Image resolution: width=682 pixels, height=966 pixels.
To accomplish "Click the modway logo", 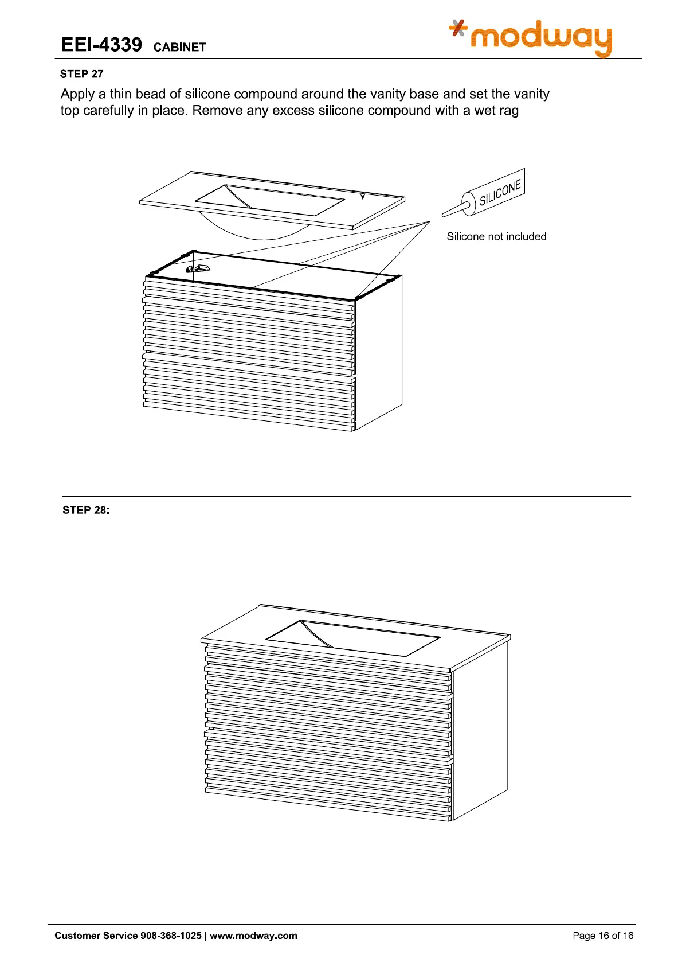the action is [x=532, y=37].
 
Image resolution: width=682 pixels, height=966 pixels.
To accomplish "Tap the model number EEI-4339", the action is [x=101, y=45].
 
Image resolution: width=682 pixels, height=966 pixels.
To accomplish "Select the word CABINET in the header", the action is [x=179, y=47].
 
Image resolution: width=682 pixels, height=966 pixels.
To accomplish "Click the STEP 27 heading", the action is [x=81, y=74].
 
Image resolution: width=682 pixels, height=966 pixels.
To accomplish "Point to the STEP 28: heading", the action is [x=85, y=510].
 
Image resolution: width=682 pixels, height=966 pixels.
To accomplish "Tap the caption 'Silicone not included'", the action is [x=496, y=236].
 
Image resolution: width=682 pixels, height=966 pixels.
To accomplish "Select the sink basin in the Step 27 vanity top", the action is [x=269, y=200].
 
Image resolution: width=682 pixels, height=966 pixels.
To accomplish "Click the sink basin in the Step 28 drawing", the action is [x=352, y=637].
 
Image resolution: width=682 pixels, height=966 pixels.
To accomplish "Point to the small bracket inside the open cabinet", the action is [x=198, y=268].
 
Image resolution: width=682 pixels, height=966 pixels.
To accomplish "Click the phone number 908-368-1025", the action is [x=171, y=936].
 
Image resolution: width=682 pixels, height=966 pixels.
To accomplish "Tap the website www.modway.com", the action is [x=253, y=936].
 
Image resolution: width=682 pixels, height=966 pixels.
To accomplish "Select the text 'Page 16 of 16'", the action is [x=603, y=936].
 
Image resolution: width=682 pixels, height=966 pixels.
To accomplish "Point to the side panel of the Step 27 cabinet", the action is [x=378, y=350].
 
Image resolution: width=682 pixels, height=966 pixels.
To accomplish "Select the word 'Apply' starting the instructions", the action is [x=77, y=94].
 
